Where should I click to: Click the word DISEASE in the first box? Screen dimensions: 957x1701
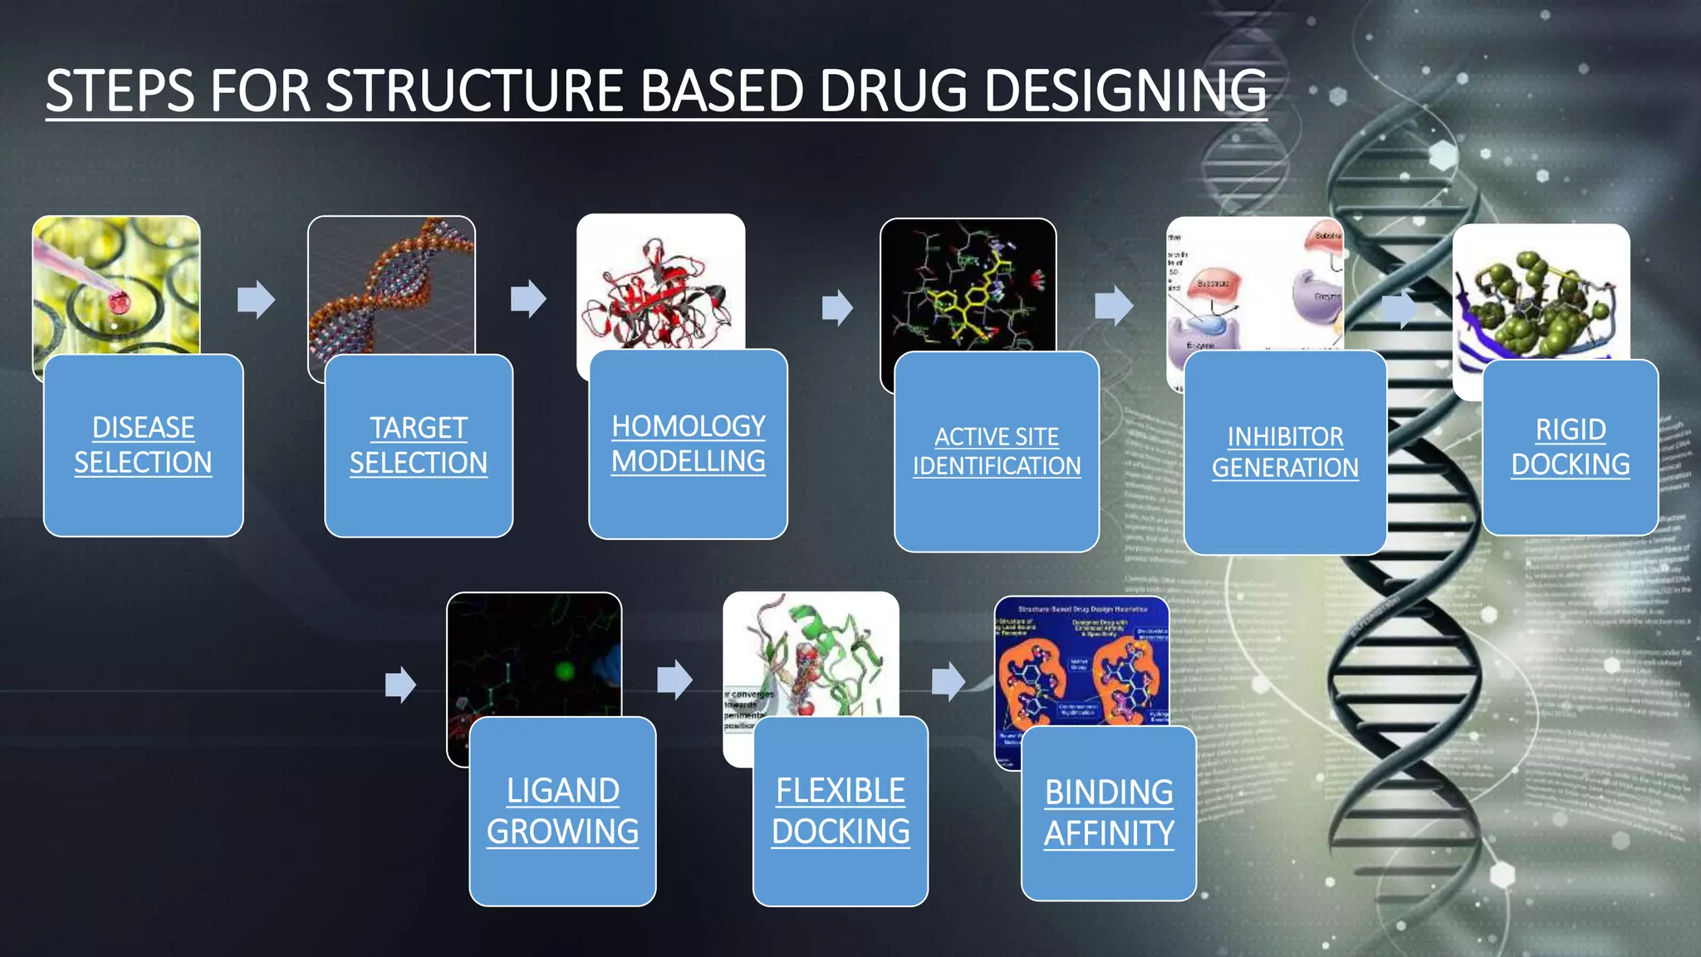143,428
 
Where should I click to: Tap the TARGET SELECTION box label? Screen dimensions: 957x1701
418,445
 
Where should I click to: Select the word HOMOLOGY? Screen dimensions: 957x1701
688,426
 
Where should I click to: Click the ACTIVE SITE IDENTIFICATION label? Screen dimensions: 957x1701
997,451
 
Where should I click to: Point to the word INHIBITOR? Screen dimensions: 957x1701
1285,437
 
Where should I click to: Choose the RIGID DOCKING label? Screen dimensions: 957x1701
1570,447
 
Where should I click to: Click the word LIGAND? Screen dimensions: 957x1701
562,791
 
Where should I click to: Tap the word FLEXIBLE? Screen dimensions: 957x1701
840,791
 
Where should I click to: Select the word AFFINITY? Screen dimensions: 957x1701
1109,833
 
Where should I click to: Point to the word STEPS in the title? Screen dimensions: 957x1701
120,91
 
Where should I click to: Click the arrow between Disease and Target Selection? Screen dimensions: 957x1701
256,299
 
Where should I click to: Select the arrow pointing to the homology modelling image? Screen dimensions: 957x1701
528,298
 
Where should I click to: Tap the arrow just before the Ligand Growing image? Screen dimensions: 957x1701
400,685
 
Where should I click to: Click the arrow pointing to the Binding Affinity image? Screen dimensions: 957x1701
948,681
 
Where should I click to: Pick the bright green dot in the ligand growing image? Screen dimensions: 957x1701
565,670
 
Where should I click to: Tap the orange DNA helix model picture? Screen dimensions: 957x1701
390,287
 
